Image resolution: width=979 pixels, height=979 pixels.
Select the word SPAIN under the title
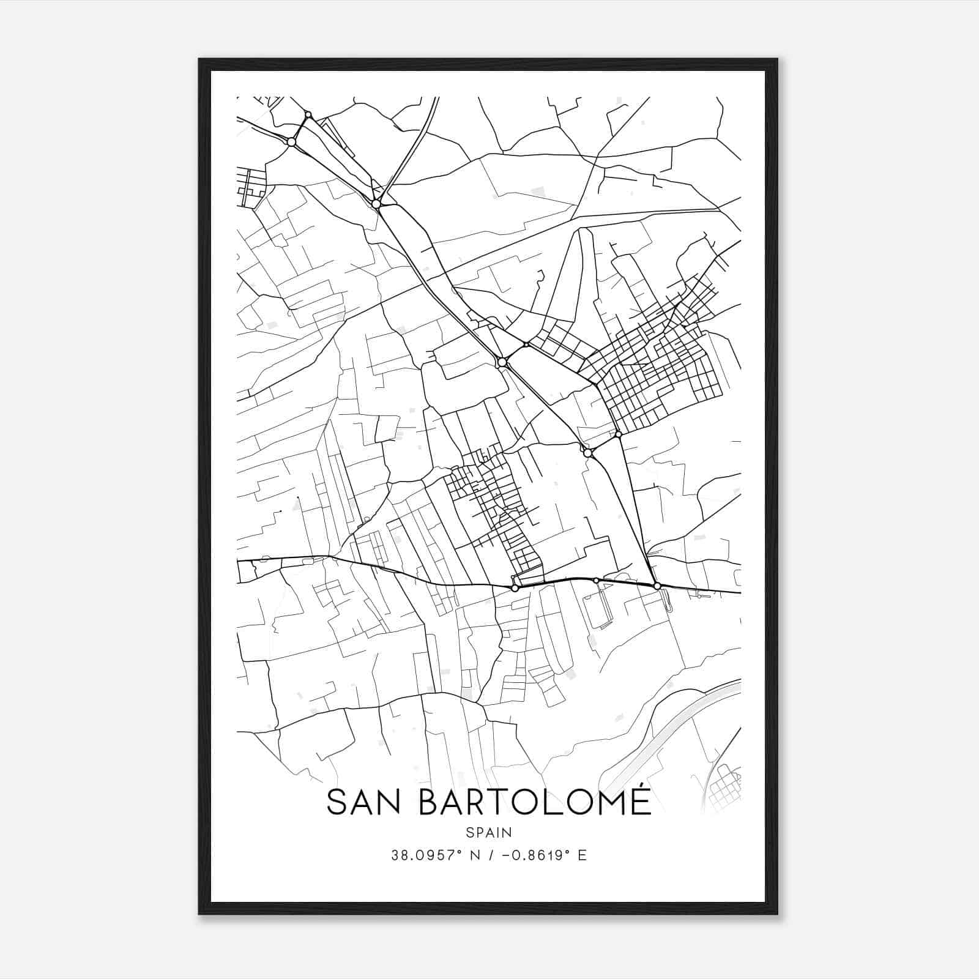[489, 833]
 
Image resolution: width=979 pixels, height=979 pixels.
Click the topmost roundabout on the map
[308, 114]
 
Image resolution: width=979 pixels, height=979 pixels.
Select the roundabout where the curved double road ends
[376, 204]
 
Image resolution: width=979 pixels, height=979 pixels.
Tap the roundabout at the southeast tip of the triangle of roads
[657, 586]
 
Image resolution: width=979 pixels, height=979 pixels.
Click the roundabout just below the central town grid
[515, 588]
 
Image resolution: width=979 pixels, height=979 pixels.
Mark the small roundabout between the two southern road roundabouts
[596, 580]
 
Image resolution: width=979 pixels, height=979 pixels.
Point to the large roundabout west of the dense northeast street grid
[502, 362]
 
